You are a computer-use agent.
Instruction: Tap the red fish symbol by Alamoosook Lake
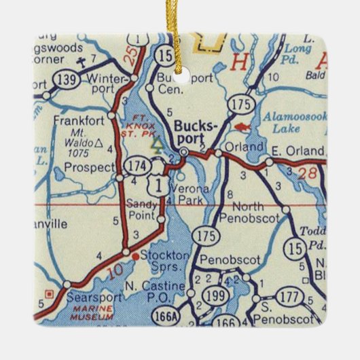pos(240,126)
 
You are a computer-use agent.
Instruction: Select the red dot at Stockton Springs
pos(136,256)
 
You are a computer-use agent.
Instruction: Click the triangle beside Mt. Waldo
pos(100,143)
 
